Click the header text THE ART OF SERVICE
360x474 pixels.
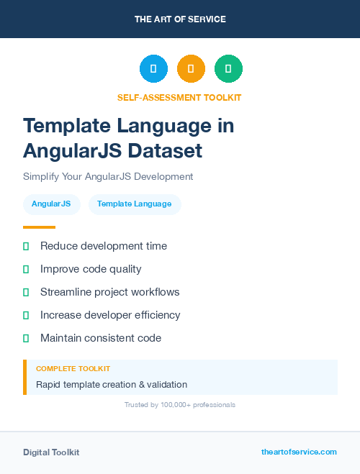tap(180, 19)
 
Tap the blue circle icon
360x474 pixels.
tap(153, 68)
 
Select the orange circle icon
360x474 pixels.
tap(191, 68)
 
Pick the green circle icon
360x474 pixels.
tap(228, 68)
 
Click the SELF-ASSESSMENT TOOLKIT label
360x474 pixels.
tap(179, 97)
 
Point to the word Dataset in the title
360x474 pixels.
tap(165, 151)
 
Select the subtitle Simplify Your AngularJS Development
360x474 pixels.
tap(108, 176)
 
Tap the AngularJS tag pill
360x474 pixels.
tap(51, 204)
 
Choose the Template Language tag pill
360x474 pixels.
tap(135, 204)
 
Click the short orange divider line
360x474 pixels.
tap(39, 227)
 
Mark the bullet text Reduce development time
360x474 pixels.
tap(104, 246)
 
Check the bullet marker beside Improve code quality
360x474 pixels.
tap(26, 269)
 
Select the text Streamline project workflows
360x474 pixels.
tap(110, 292)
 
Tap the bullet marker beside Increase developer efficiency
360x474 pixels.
tap(26, 315)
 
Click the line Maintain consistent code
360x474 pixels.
tap(101, 338)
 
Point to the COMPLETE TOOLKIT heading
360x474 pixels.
tap(73, 368)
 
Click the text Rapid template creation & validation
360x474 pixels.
tap(112, 385)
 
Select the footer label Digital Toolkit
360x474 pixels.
tap(51, 452)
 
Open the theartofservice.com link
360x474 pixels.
tap(299, 452)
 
